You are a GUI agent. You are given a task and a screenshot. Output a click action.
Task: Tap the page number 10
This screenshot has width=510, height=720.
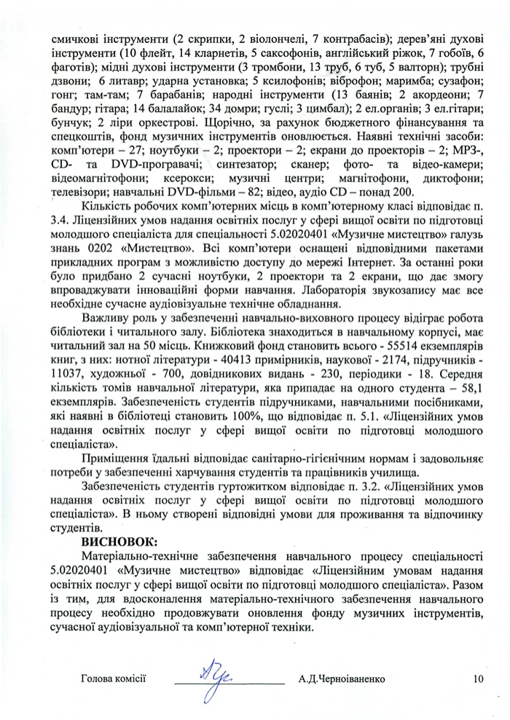(478, 679)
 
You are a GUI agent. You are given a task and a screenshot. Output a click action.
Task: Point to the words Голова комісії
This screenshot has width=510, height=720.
(114, 679)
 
